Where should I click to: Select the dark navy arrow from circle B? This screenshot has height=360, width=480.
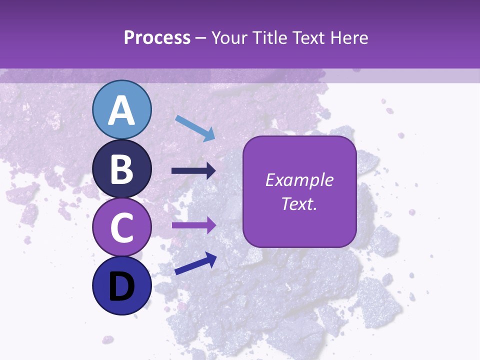point(193,171)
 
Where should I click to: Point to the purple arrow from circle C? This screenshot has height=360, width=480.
point(193,225)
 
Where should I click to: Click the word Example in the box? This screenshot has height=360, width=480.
point(299,180)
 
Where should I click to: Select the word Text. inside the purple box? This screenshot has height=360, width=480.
point(299,203)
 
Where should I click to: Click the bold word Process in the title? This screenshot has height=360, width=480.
point(157,37)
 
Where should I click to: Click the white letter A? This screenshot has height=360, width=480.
point(121,111)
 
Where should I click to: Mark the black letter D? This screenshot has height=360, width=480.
point(121,286)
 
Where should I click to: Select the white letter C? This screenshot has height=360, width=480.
point(121,228)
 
